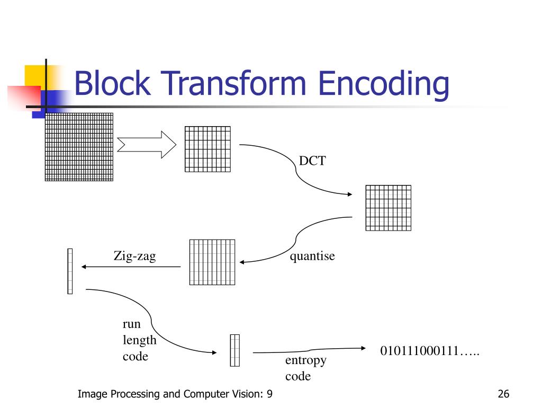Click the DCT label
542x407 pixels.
(x=312, y=161)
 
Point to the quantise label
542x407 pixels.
(x=312, y=256)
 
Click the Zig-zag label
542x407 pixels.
(x=134, y=256)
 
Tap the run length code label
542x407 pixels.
(x=139, y=340)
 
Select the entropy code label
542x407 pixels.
(x=305, y=368)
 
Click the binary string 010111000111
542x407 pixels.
(x=429, y=351)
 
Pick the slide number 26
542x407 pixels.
(x=503, y=394)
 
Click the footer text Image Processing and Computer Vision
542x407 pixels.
(x=175, y=394)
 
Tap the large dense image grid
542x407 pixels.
(x=79, y=147)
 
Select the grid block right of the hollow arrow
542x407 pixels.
(x=207, y=149)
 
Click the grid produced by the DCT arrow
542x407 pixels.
(x=388, y=208)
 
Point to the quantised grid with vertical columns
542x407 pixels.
(x=212, y=262)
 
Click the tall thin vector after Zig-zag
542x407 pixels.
(x=70, y=271)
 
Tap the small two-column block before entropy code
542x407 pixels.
(x=234, y=350)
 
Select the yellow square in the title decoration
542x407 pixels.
(x=34, y=75)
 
